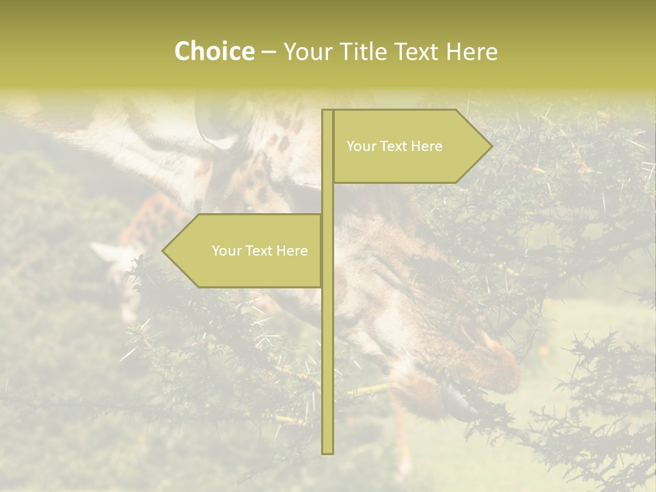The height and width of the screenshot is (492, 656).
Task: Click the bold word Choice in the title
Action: click(x=214, y=52)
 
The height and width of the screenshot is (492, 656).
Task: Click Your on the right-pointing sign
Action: click(x=360, y=146)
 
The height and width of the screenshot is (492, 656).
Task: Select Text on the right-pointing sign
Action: click(x=394, y=146)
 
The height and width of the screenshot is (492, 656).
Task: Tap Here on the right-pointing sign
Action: click(x=426, y=146)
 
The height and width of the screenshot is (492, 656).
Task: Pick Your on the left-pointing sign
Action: click(x=225, y=251)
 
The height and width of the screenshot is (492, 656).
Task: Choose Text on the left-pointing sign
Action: click(x=259, y=251)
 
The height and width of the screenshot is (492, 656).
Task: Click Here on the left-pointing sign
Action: click(x=292, y=251)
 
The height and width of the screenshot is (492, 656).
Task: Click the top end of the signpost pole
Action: click(x=327, y=111)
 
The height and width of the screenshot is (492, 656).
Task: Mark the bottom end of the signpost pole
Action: click(x=327, y=452)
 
